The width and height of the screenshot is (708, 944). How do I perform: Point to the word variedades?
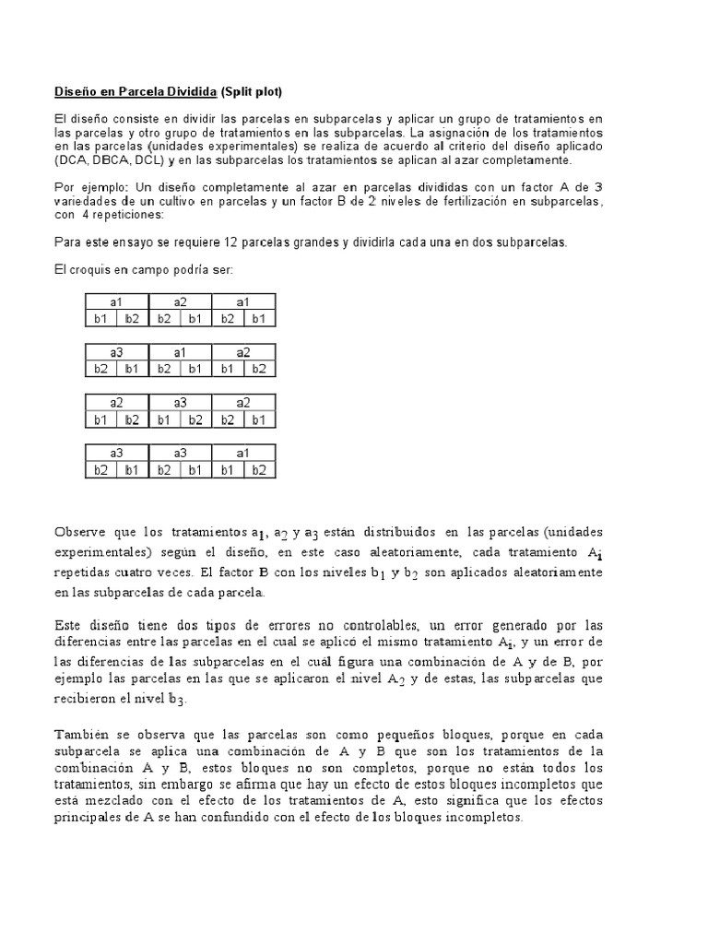[88, 202]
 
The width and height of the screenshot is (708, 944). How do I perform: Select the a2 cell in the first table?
[181, 301]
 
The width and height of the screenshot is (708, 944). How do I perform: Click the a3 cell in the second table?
[117, 352]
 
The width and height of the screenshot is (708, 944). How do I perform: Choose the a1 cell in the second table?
[181, 352]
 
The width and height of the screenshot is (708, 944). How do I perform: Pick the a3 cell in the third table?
[181, 403]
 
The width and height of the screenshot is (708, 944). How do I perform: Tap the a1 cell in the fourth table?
[243, 454]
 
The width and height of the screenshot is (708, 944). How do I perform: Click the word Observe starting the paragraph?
[81, 533]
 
